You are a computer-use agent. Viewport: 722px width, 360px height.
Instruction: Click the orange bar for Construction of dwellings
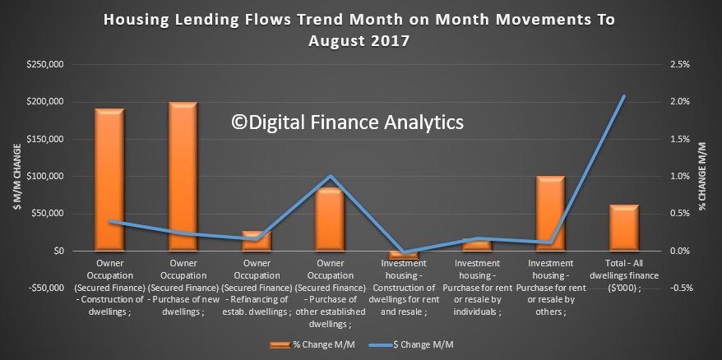pyautogui.click(x=109, y=179)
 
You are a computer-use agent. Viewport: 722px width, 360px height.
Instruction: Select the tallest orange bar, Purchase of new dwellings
pyautogui.click(x=183, y=177)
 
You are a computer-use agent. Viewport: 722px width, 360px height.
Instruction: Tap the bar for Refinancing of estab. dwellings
pyautogui.click(x=257, y=241)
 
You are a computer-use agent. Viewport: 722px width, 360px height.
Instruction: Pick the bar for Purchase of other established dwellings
pyautogui.click(x=330, y=219)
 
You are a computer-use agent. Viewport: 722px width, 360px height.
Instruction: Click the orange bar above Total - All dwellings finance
pyautogui.click(x=624, y=228)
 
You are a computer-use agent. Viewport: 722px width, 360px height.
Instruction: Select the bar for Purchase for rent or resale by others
pyautogui.click(x=550, y=214)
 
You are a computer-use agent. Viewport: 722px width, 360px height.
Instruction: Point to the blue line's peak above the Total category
pyautogui.click(x=624, y=96)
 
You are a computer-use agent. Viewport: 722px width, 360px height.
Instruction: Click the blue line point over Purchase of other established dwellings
pyautogui.click(x=330, y=176)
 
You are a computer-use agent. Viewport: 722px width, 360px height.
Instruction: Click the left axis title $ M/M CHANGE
pyautogui.click(x=18, y=177)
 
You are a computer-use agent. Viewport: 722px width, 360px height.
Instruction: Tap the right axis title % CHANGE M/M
pyautogui.click(x=702, y=177)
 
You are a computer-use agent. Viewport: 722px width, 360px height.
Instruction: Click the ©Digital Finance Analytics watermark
pyautogui.click(x=348, y=122)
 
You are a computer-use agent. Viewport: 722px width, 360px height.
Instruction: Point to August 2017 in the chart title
pyautogui.click(x=359, y=41)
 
